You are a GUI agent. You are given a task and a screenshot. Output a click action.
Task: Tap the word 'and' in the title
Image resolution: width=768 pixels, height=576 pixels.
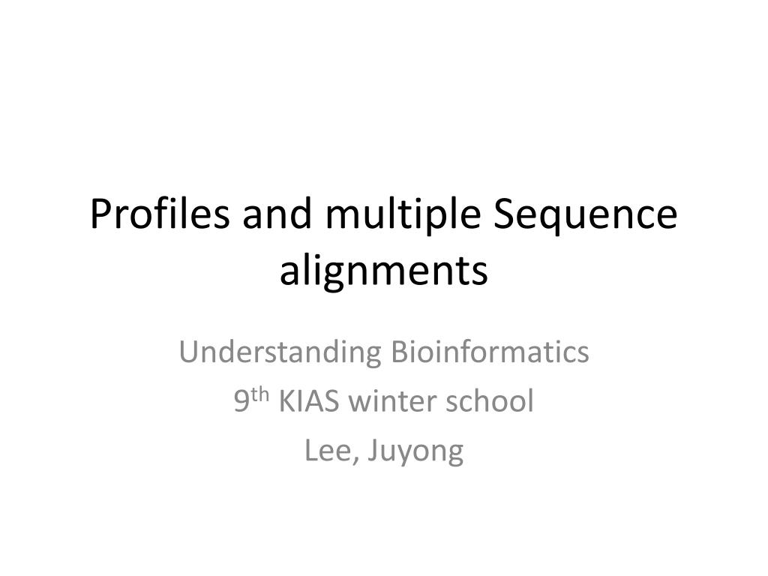[x=275, y=215]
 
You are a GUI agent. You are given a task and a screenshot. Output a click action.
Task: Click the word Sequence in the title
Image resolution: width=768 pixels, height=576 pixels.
[x=586, y=217]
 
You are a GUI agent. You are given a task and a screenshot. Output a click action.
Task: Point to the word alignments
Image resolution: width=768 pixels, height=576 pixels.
[x=384, y=271]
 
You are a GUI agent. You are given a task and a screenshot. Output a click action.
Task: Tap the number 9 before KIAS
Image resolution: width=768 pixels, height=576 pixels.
[x=241, y=402]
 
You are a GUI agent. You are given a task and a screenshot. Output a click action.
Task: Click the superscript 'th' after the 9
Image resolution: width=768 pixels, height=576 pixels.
[x=260, y=395]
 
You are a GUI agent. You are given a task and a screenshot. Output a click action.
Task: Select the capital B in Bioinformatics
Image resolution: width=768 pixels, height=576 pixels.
[x=400, y=351]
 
